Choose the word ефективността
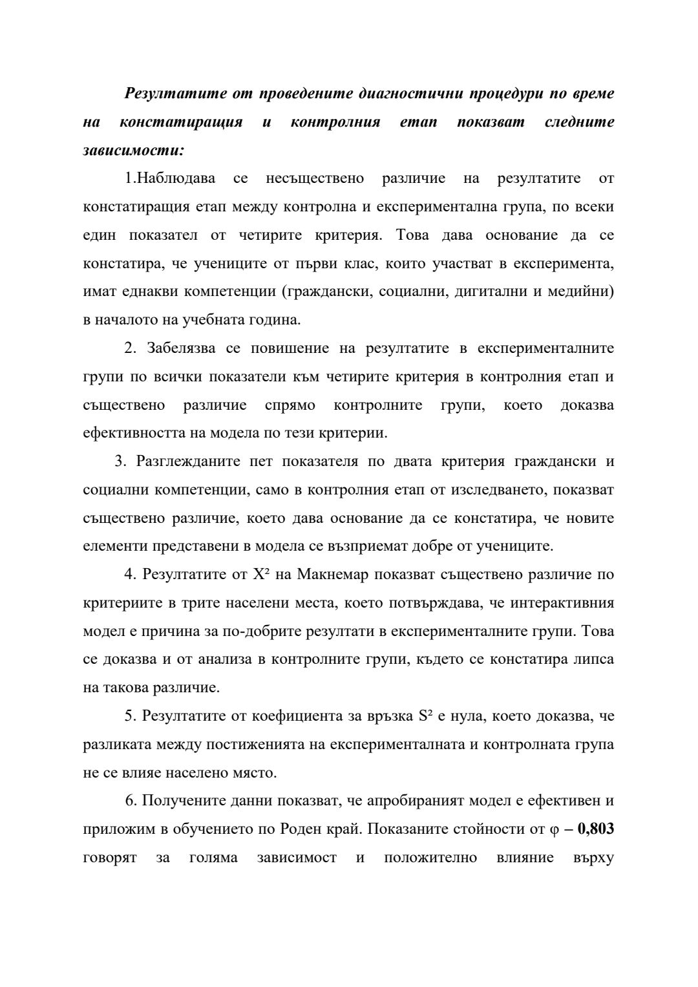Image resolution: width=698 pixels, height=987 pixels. (134, 434)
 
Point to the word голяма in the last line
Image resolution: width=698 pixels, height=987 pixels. (213, 858)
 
